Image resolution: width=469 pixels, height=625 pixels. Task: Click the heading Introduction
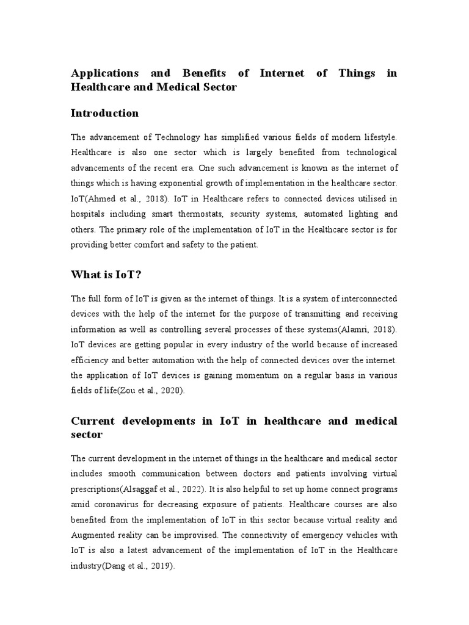click(x=105, y=114)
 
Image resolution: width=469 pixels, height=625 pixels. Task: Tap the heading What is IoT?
click(x=106, y=275)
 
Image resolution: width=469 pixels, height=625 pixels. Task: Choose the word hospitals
click(x=90, y=214)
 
